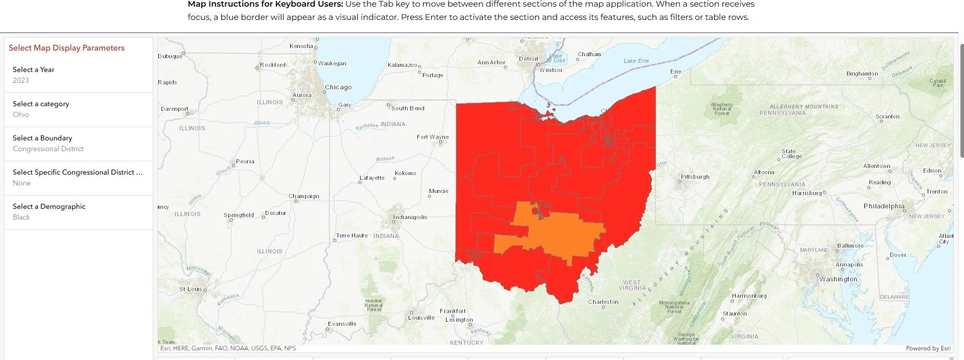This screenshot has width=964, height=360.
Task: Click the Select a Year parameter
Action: click(x=78, y=75)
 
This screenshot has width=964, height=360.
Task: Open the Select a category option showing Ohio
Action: click(x=78, y=109)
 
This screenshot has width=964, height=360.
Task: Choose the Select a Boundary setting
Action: click(x=78, y=143)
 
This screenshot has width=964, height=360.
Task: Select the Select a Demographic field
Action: click(x=78, y=212)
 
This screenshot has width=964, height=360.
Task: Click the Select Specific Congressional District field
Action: click(x=78, y=178)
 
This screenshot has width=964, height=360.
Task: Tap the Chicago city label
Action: click(x=338, y=87)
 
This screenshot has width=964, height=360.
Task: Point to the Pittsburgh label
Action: click(x=695, y=177)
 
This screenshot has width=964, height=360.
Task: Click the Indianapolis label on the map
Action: click(x=410, y=217)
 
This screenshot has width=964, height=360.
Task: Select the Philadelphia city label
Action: click(x=884, y=206)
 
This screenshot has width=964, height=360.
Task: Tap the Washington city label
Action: click(x=838, y=279)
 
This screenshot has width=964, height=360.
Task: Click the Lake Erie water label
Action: click(x=636, y=61)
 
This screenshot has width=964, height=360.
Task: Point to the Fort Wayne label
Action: click(x=432, y=137)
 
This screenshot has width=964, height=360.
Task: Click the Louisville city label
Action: click(x=421, y=318)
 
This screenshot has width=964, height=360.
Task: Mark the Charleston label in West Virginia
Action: click(x=603, y=302)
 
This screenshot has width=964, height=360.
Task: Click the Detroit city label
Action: click(x=528, y=59)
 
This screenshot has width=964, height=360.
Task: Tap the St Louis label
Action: click(x=190, y=289)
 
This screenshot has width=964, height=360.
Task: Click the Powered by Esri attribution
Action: click(x=928, y=348)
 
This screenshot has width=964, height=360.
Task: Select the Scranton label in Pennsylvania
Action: click(x=887, y=116)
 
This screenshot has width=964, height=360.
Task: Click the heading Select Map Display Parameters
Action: click(x=66, y=48)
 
